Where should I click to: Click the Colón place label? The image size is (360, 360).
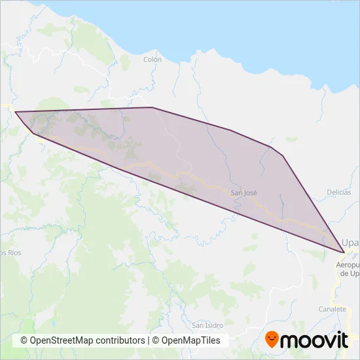(x=152, y=59)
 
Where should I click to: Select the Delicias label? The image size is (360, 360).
(x=339, y=192)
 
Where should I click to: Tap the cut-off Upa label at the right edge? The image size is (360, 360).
(x=351, y=242)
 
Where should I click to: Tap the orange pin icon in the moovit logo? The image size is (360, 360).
(x=272, y=340)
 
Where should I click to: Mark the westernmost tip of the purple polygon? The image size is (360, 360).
(x=15, y=112)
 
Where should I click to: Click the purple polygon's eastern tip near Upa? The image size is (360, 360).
(x=343, y=252)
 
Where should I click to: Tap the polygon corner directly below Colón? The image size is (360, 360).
(x=152, y=107)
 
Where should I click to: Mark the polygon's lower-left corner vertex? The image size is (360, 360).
(x=33, y=134)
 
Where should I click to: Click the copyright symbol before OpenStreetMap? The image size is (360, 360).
(x=24, y=340)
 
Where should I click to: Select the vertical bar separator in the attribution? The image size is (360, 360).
(x=149, y=340)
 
